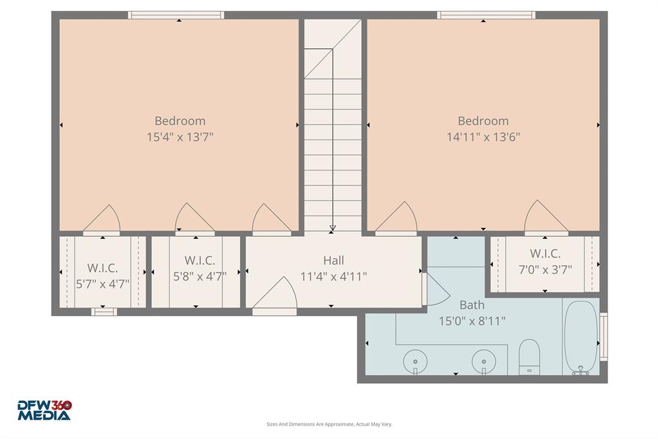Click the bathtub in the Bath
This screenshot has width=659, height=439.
coord(581,335)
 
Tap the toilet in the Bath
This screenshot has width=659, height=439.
coord(529,355)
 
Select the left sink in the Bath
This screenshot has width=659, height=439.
coord(415,362)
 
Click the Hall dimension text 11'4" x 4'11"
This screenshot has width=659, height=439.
coord(333,277)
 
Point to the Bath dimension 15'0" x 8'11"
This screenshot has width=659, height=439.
coord(472,321)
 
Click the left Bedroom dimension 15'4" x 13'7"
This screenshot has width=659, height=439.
coord(180,136)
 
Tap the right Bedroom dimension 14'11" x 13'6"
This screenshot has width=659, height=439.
coord(483,136)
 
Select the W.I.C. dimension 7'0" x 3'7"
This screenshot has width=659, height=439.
coord(545,269)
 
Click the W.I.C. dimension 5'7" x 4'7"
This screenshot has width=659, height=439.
coord(102,283)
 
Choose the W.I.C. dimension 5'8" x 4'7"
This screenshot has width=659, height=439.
coord(200,276)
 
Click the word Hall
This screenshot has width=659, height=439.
coord(333,261)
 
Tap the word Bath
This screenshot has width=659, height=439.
coord(472,304)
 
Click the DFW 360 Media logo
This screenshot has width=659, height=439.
coord(44,410)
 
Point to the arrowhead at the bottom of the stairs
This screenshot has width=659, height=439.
coord(333,229)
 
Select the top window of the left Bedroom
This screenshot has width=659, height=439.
coord(176,15)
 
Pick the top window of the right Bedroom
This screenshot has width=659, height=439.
coord(486,15)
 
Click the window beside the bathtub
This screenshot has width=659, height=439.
coord(603,336)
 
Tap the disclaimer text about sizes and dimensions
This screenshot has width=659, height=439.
coord(329,424)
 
